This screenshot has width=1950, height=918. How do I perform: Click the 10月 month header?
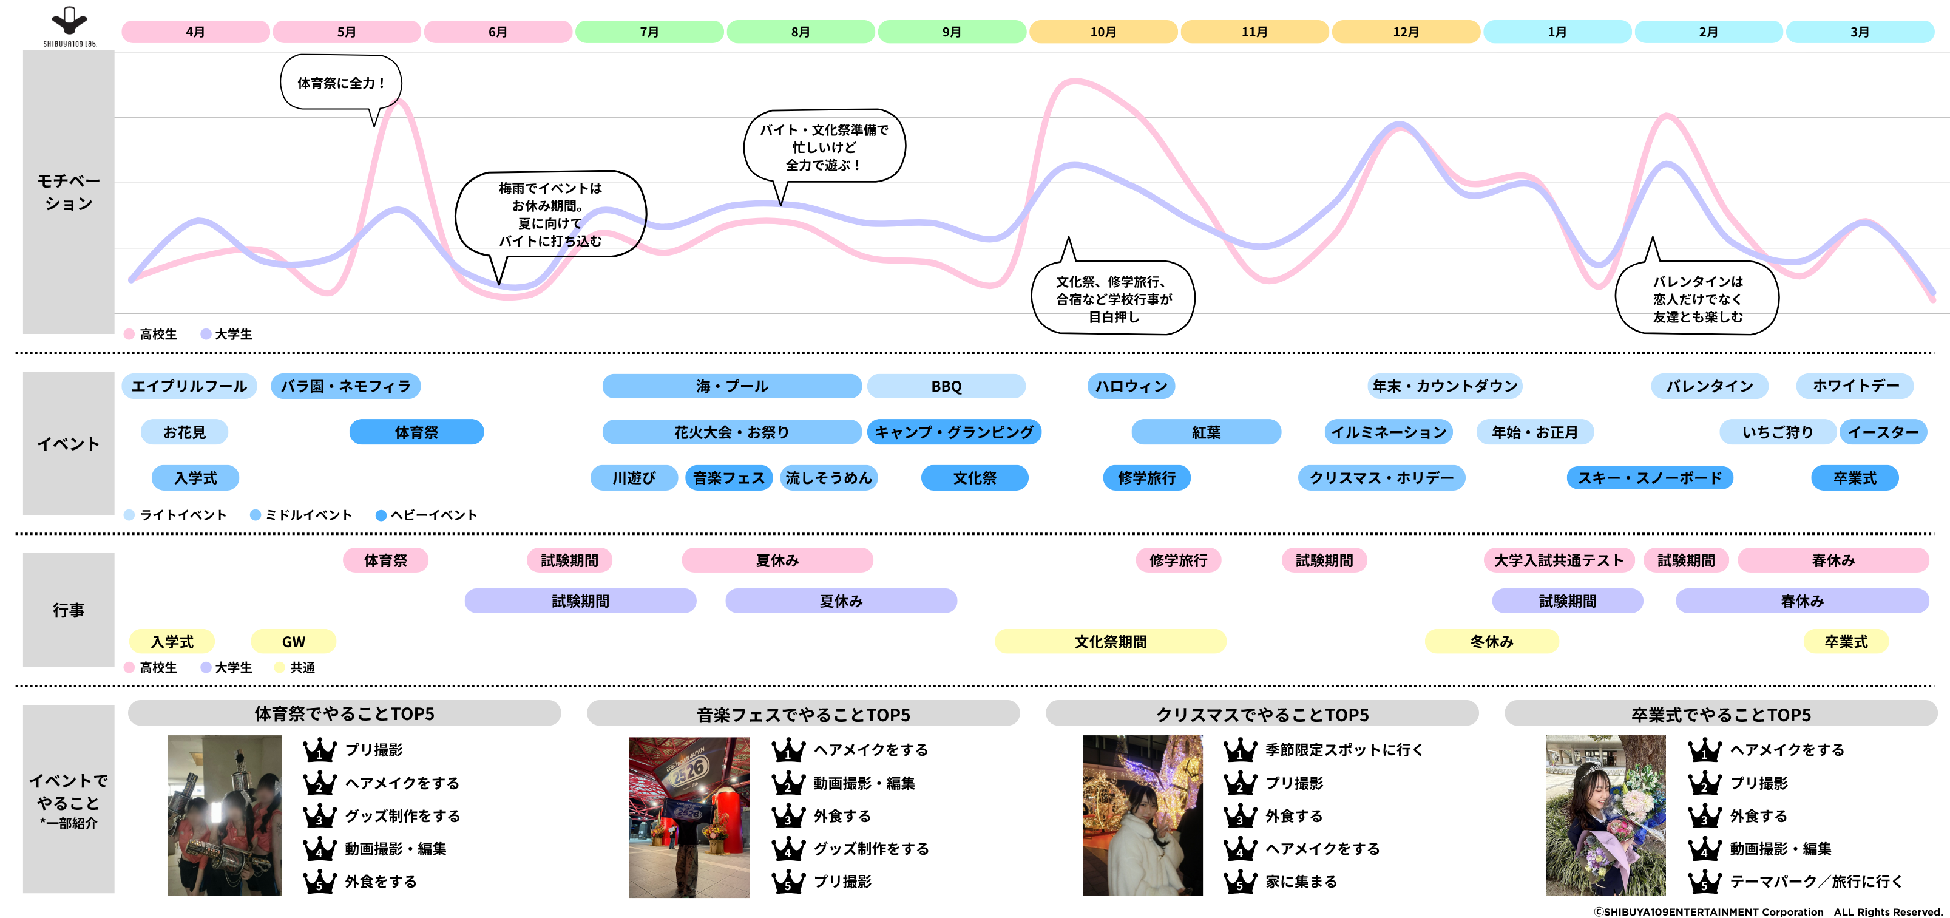[x=1103, y=32]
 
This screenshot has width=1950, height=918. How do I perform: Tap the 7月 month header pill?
[x=649, y=32]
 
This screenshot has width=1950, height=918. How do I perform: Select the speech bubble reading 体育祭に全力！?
[x=340, y=83]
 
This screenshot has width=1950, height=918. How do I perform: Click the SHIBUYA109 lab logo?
[x=69, y=27]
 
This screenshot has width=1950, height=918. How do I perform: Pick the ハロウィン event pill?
[x=1131, y=386]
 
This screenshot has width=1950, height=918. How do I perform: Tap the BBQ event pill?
[x=946, y=386]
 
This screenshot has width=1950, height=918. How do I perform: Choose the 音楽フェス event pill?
[x=729, y=478]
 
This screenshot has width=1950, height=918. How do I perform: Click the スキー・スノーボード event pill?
[x=1650, y=478]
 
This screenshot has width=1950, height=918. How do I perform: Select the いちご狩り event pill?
[x=1778, y=432]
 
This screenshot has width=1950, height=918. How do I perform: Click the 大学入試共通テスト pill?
[x=1559, y=560]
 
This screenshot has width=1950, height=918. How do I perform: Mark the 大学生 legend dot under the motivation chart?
[x=205, y=334]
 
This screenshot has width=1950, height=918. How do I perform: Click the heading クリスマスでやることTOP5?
[x=1262, y=713]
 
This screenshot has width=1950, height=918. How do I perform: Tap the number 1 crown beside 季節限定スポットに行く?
[x=1240, y=750]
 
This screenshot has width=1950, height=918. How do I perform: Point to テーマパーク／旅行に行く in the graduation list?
[x=1816, y=882]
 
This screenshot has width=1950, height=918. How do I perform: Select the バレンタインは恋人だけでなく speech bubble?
[x=1697, y=297]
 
